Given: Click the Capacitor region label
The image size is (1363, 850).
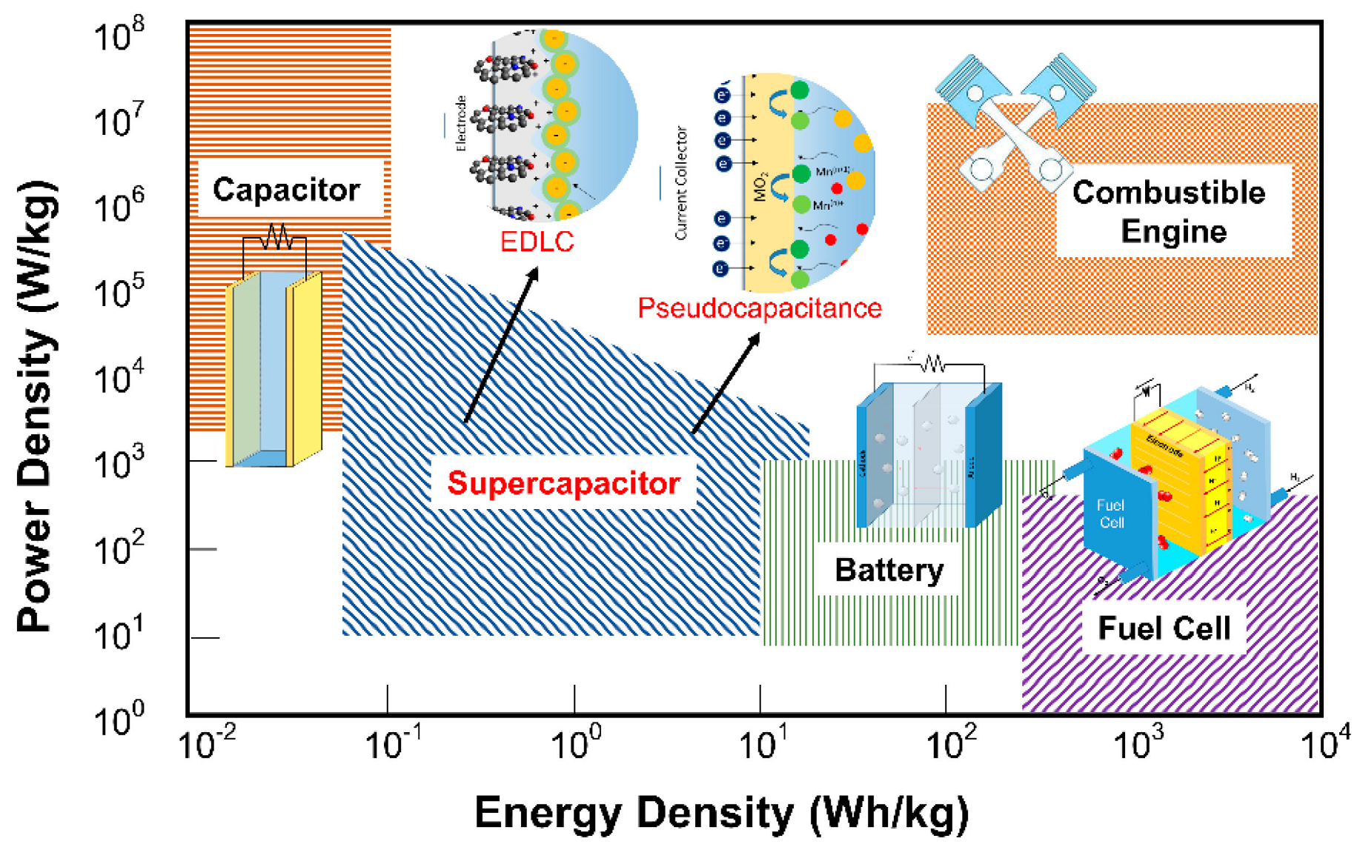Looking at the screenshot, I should [x=286, y=190].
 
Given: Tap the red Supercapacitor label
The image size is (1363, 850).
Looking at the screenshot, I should [x=563, y=483].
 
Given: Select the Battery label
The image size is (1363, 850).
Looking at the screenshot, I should [x=889, y=570].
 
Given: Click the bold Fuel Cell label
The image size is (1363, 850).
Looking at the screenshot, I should [x=1164, y=628].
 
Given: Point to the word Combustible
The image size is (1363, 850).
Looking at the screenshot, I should [x=1169, y=193].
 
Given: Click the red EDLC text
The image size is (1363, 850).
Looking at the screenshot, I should [x=537, y=242].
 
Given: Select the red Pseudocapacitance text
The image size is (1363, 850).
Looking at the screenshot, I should [x=760, y=308].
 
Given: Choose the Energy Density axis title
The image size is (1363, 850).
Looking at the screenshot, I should [x=721, y=813].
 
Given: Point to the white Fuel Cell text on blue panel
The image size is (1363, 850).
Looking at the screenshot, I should [x=1110, y=514].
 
